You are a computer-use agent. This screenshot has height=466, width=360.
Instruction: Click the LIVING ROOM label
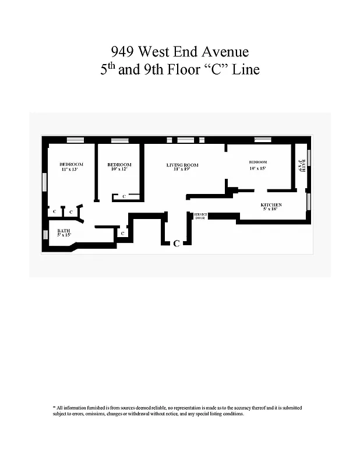[182, 165]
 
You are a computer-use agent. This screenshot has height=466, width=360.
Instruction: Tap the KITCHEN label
[271, 205]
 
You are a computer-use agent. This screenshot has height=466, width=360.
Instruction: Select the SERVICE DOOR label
[200, 216]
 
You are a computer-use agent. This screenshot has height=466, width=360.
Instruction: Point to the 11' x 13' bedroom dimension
[72, 170]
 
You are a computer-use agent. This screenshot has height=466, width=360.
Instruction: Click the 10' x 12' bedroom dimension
[119, 170]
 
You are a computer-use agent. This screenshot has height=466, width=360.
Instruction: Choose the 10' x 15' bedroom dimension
[257, 168]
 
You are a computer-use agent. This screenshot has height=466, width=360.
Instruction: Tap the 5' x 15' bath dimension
[63, 235]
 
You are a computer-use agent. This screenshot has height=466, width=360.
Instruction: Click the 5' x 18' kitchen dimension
[271, 210]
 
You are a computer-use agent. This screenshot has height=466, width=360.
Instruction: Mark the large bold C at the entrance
[176, 243]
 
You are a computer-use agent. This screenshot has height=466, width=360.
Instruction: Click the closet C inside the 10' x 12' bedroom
[124, 197]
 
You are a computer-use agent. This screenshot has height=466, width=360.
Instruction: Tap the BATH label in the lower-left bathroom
[63, 231]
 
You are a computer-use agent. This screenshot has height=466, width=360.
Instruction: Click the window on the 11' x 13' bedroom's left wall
[44, 182]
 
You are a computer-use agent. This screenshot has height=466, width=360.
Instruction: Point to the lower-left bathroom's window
[45, 235]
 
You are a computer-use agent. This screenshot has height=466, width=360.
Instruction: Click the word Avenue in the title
[224, 53]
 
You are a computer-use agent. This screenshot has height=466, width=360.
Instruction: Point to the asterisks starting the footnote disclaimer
[54, 407]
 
